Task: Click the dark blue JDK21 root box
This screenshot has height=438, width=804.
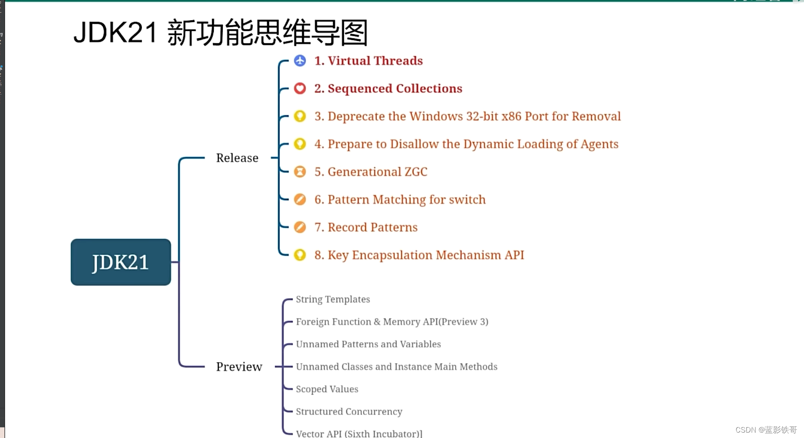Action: tap(121, 262)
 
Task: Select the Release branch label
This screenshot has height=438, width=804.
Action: tap(237, 158)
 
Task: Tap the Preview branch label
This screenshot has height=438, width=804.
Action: tap(239, 367)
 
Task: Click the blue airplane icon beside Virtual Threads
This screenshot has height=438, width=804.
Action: tap(300, 61)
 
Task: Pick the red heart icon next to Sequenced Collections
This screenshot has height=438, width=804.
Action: tap(300, 89)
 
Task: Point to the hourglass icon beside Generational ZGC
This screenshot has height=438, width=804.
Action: tap(300, 172)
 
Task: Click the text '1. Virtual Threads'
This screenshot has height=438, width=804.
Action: tap(368, 61)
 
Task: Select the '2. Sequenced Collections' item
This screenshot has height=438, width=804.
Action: tap(388, 89)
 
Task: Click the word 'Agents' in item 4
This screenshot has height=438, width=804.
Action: tap(599, 144)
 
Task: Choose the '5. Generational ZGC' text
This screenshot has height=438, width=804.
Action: tap(370, 172)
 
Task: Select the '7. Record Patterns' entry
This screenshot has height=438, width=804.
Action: tap(366, 227)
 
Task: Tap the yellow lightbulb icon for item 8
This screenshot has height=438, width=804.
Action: tap(300, 255)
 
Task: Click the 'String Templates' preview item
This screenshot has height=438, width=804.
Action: tap(333, 299)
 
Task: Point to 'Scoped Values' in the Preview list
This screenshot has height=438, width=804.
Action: tap(327, 389)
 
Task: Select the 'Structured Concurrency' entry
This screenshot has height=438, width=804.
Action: tap(349, 411)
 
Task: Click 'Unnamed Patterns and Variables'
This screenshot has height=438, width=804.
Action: tap(368, 344)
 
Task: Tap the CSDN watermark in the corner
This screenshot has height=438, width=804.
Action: tap(766, 430)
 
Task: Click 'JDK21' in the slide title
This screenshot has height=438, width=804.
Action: tap(115, 32)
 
